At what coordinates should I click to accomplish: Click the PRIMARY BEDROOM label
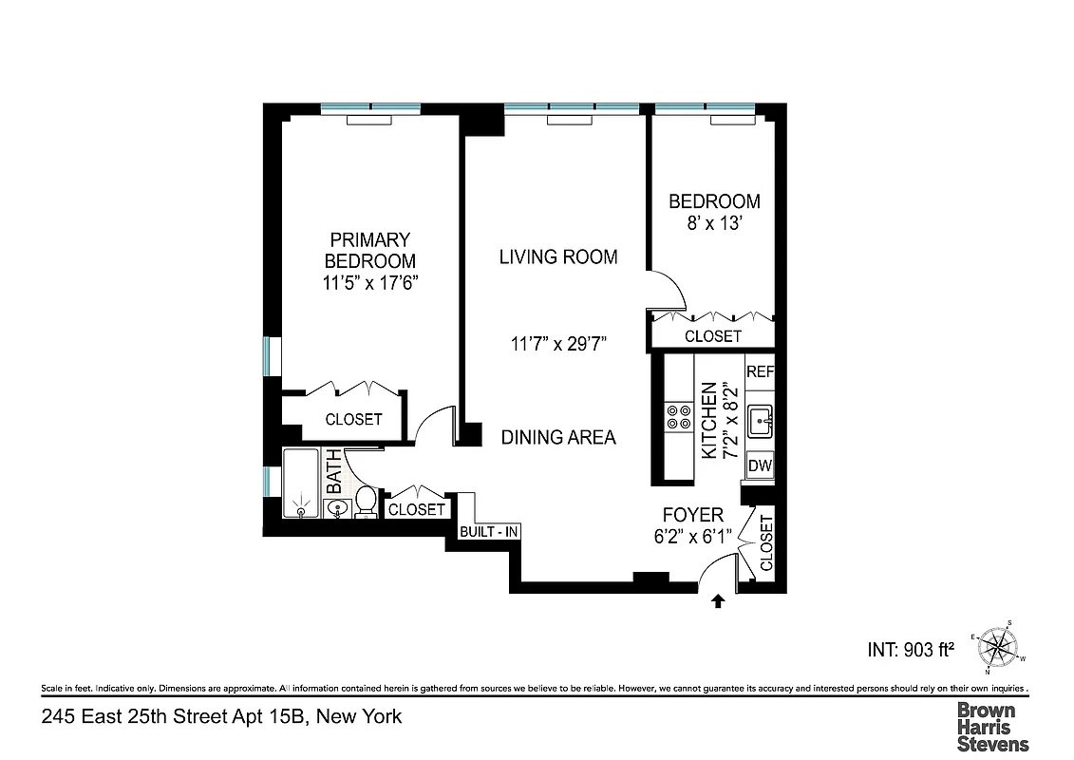369,251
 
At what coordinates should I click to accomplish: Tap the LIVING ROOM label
558,256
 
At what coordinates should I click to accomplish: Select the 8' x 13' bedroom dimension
714,228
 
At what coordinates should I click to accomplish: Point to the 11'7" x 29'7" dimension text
558,344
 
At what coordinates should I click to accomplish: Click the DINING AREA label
558,437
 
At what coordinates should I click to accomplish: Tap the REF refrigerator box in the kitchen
760,371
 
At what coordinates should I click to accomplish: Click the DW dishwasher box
759,465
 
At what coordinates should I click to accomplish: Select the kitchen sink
759,420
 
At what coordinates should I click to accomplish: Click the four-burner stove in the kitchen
678,417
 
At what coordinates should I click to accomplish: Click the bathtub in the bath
302,484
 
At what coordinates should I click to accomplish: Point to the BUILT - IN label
489,532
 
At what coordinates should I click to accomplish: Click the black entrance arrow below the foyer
718,599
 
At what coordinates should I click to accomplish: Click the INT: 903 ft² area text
911,650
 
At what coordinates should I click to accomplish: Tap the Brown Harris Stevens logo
991,726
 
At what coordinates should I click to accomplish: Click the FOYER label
692,514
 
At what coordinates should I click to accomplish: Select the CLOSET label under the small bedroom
712,336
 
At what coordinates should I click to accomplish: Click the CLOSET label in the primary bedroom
353,419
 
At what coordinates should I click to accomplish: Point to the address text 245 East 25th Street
221,716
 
